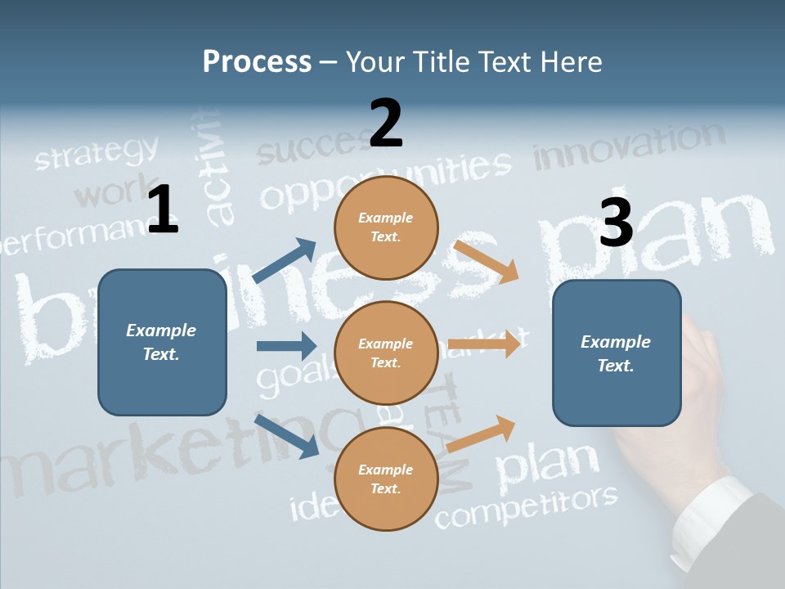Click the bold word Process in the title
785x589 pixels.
[x=257, y=62]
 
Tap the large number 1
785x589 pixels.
[x=163, y=209]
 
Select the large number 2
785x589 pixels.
[x=386, y=124]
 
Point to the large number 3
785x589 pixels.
[x=616, y=222]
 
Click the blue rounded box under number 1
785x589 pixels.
[x=162, y=342]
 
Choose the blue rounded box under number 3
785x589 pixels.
[x=617, y=353]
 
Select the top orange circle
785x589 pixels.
[x=386, y=227]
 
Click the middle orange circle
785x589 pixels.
[x=386, y=353]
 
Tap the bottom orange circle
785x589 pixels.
[x=386, y=479]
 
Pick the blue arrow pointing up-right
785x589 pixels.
[x=285, y=261]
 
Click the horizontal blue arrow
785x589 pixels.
[x=286, y=346]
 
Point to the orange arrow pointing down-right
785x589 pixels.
[x=486, y=261]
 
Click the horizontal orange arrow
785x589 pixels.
[x=484, y=344]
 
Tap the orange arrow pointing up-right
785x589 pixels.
[x=482, y=433]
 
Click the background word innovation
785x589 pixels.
[x=630, y=146]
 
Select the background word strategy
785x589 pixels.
[x=96, y=153]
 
